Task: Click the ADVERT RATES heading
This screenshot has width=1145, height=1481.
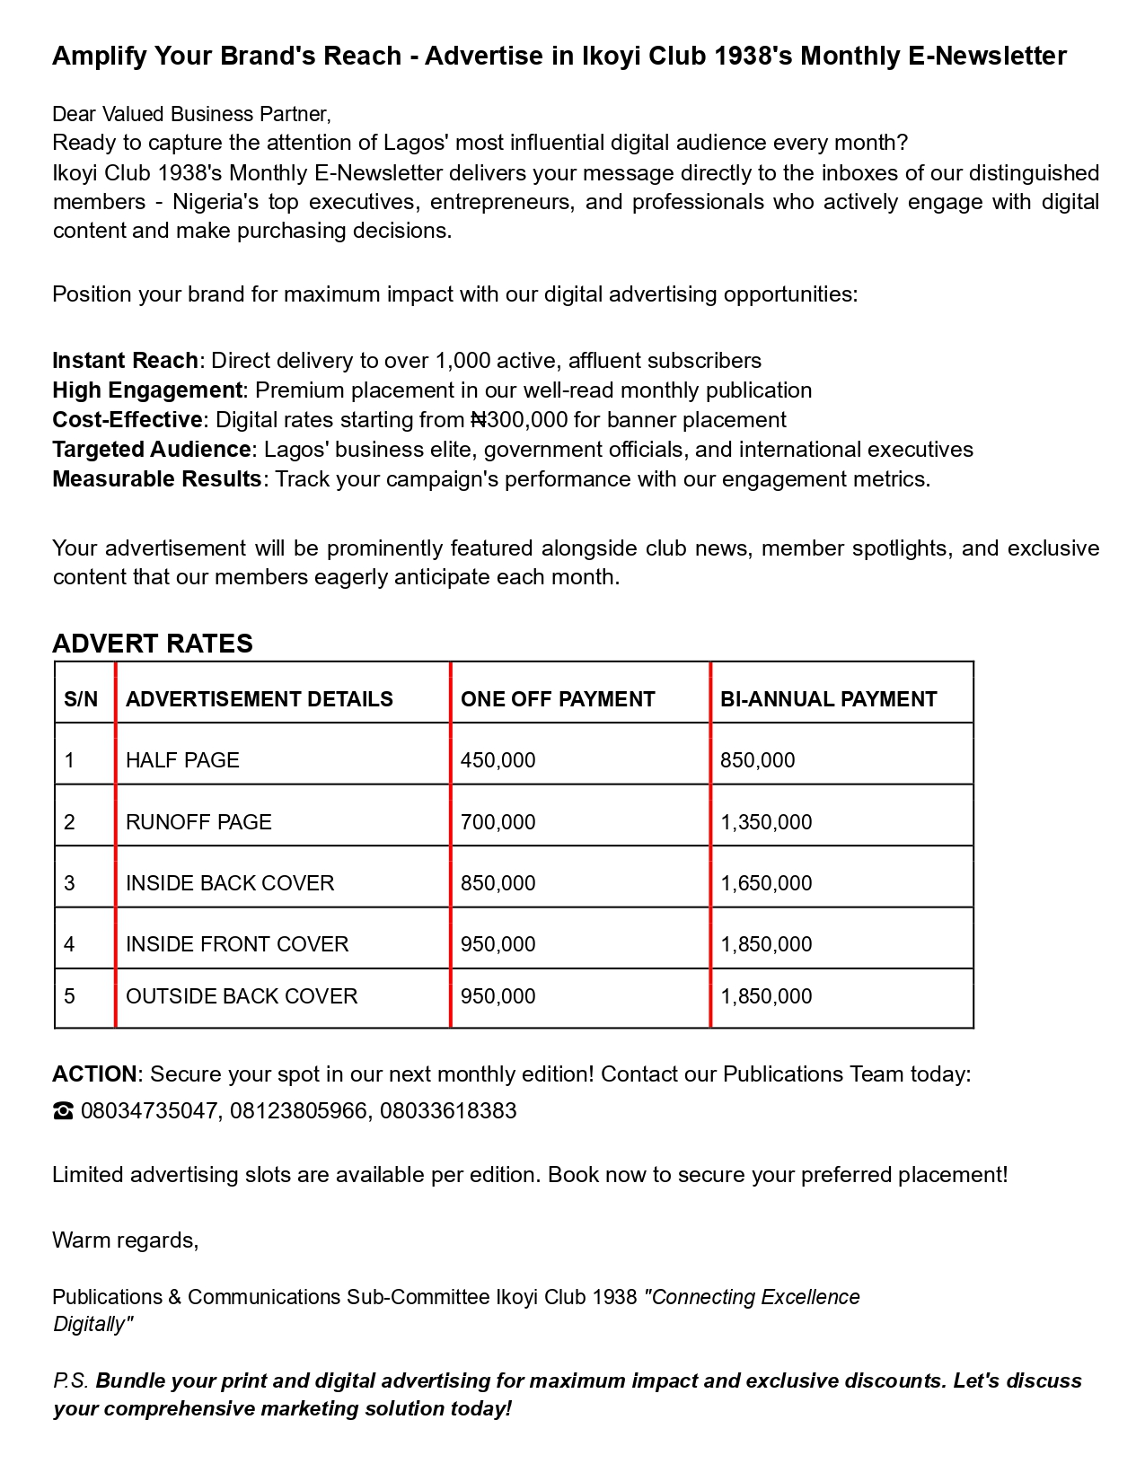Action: (153, 644)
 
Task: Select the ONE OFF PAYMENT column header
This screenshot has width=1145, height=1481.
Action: (558, 699)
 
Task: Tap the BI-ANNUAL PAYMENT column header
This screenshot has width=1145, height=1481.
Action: (828, 699)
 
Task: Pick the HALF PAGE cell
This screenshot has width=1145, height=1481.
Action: (182, 760)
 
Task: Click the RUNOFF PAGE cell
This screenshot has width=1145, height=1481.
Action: (198, 822)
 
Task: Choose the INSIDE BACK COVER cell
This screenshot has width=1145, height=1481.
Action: (230, 883)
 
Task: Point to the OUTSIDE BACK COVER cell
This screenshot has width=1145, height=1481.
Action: (242, 996)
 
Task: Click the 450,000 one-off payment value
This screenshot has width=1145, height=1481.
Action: (498, 760)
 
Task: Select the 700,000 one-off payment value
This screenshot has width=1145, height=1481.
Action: (498, 822)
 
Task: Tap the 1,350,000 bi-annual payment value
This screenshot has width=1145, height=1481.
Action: (766, 822)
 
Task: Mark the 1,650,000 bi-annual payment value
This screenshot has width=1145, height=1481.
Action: (766, 883)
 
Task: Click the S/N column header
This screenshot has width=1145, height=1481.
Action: (81, 699)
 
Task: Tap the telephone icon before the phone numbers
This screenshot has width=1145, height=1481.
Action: (63, 1112)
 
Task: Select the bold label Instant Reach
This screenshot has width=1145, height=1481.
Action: (125, 361)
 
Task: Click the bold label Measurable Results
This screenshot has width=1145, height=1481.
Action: (157, 479)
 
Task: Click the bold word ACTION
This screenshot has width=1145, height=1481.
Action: (94, 1074)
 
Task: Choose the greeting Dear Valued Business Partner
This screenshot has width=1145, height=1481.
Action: (191, 114)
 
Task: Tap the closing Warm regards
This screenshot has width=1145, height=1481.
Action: (126, 1240)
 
